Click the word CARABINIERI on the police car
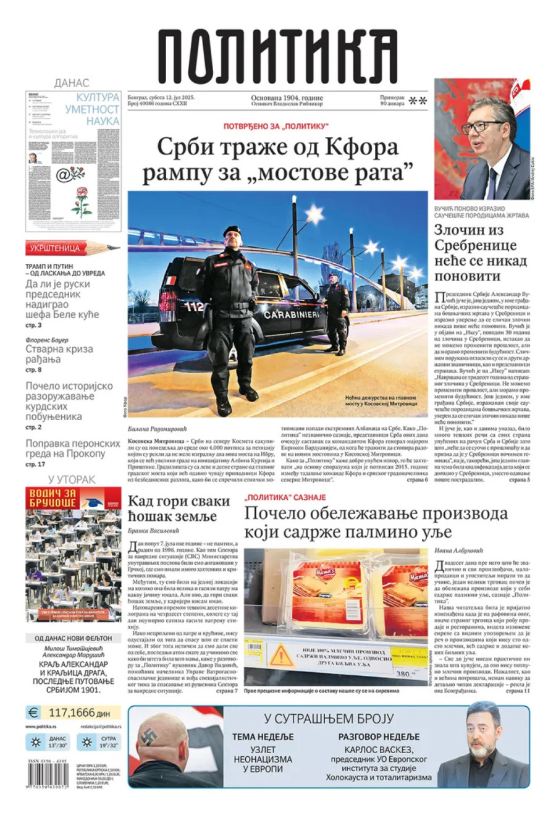pyautogui.click(x=292, y=314)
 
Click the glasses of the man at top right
pyautogui.click(x=482, y=127)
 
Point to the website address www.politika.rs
pyautogui.click(x=41, y=727)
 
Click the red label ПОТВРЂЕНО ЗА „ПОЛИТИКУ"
pyautogui.click(x=276, y=126)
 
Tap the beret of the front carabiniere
pyautogui.click(x=232, y=230)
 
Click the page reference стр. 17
pyautogui.click(x=35, y=464)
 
